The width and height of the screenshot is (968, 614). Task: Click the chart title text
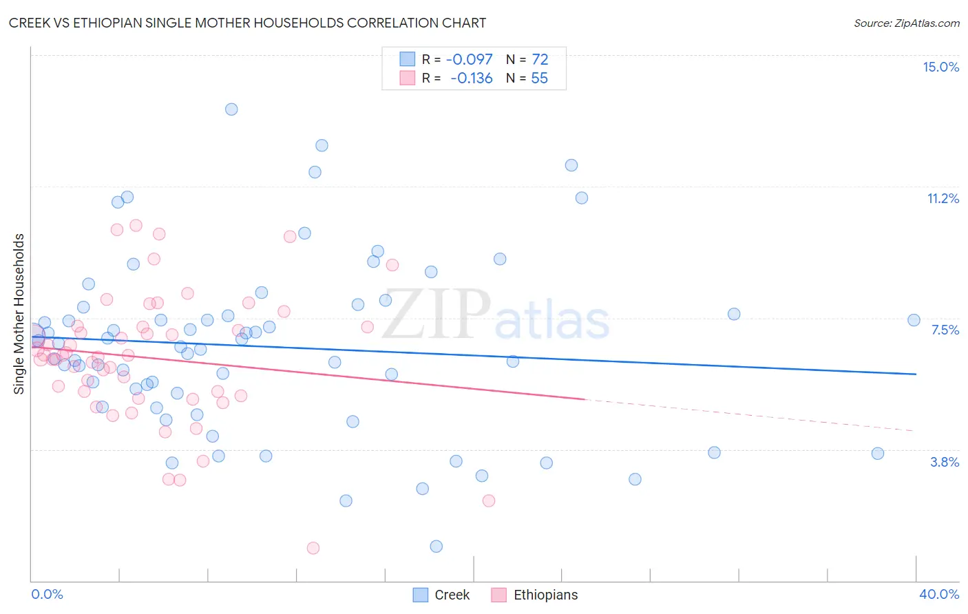[247, 23]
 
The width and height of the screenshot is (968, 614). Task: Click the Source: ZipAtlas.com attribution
[906, 23]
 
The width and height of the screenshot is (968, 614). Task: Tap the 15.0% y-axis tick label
[940, 67]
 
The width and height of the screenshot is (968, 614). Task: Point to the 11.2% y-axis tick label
[943, 198]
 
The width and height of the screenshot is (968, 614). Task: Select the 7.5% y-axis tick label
[945, 330]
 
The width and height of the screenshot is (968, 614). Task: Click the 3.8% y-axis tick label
[945, 462]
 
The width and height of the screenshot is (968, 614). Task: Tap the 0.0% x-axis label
[47, 594]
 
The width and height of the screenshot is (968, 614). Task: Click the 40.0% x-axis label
[938, 594]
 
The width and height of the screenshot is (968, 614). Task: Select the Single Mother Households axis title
[19, 314]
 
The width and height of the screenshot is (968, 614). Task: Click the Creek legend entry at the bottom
[451, 595]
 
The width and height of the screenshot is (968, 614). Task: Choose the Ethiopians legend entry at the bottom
[545, 595]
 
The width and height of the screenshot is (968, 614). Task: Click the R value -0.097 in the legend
[469, 60]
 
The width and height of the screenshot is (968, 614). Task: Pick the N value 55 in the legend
[539, 78]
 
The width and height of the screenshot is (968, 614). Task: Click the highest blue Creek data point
[231, 109]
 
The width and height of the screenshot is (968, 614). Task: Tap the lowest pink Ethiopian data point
[313, 548]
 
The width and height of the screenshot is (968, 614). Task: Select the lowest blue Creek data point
[436, 547]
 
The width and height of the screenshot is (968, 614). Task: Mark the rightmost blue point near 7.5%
[914, 320]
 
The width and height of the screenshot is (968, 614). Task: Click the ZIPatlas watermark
[496, 315]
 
